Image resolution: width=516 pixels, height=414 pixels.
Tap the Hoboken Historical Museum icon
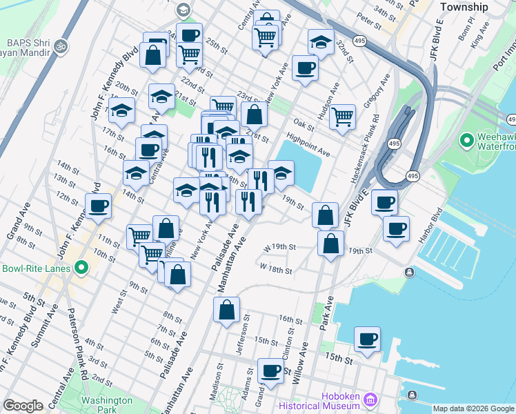(370, 400)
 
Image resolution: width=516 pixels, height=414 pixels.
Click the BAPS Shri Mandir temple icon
(61, 46)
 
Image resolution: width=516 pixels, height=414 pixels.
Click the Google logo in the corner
(23, 406)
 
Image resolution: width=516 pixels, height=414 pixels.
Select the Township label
(464, 7)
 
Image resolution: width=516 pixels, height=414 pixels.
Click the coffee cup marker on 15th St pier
(368, 339)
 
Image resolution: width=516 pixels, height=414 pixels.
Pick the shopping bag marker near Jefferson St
(227, 310)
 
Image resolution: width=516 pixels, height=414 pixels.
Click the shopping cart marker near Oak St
(342, 117)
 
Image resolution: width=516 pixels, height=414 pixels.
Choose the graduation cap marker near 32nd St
(320, 43)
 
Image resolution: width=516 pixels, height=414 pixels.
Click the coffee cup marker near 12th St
(98, 206)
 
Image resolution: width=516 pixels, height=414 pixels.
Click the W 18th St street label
(276, 268)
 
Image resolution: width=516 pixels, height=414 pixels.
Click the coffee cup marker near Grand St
(270, 371)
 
